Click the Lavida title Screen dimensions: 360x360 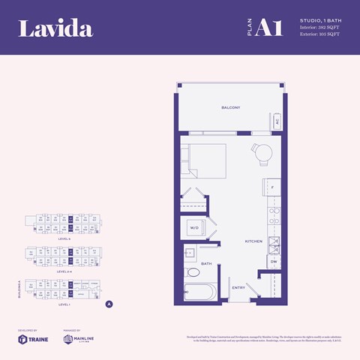[55, 29]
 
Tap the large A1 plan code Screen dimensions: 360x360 [268, 28]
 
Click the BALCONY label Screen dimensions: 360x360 [230, 108]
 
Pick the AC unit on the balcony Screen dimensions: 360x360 [276, 121]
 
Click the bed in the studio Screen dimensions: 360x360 [201, 159]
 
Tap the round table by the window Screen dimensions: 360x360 [263, 154]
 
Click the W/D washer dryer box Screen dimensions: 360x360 [193, 227]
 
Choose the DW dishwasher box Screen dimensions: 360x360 [274, 262]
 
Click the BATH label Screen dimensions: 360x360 [205, 264]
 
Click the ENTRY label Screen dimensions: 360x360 [238, 287]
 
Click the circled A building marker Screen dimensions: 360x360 [109, 304]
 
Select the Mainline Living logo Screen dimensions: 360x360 [82, 339]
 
